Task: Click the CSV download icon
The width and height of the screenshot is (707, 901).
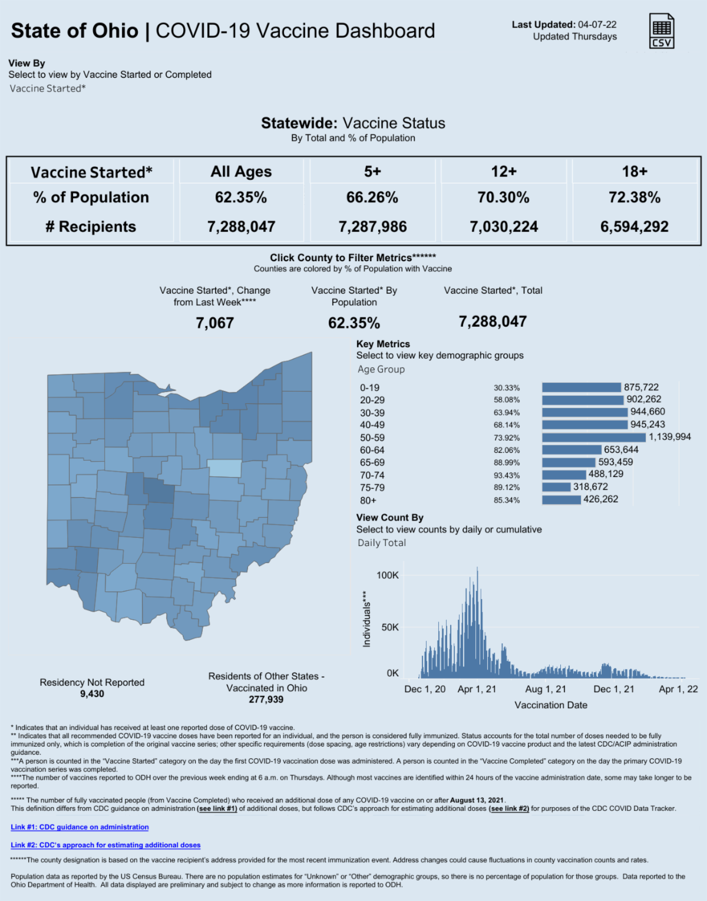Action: click(662, 31)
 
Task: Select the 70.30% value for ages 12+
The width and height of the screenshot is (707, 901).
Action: click(503, 198)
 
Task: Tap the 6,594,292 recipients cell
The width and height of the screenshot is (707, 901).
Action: click(634, 227)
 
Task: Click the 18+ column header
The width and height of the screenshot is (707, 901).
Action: click(635, 172)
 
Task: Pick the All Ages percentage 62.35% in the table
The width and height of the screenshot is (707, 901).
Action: click(241, 198)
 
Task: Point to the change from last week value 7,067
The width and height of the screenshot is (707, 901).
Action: click(215, 323)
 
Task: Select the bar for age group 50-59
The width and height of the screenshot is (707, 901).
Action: click(594, 438)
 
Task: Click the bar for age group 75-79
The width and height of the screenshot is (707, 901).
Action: click(556, 487)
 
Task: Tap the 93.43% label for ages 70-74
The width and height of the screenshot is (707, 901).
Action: click(507, 475)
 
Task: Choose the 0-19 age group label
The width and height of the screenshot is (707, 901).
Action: click(370, 388)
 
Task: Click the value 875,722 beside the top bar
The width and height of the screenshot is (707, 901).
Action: click(641, 387)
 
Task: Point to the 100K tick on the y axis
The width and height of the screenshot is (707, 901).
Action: click(388, 576)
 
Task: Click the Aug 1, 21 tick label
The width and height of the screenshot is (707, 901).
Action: click(546, 689)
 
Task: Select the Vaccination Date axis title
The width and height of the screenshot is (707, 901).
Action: click(551, 705)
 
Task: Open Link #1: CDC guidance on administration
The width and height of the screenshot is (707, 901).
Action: click(80, 827)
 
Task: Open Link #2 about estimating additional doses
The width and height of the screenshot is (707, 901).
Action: click(105, 845)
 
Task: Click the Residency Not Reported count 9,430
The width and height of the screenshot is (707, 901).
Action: click(92, 694)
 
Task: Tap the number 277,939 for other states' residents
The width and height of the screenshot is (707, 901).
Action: click(266, 700)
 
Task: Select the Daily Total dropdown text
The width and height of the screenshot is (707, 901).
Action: click(382, 543)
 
